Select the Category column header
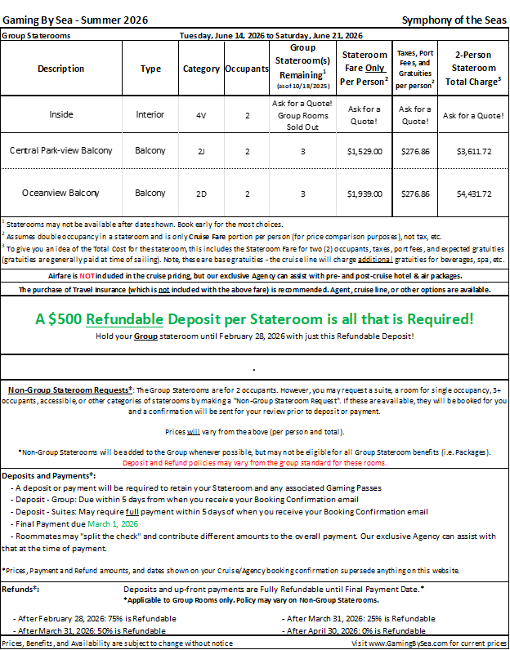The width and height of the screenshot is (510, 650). pyautogui.click(x=201, y=69)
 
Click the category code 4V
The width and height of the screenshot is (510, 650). pyautogui.click(x=201, y=115)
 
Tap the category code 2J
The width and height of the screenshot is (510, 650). pyautogui.click(x=201, y=151)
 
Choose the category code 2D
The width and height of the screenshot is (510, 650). pyautogui.click(x=201, y=194)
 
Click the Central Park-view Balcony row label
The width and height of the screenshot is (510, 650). pyautogui.click(x=61, y=151)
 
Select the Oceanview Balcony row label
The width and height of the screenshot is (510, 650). pyautogui.click(x=61, y=194)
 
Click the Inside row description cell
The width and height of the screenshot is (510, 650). pyautogui.click(x=61, y=115)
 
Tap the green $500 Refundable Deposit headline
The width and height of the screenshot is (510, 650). pyautogui.click(x=254, y=318)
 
